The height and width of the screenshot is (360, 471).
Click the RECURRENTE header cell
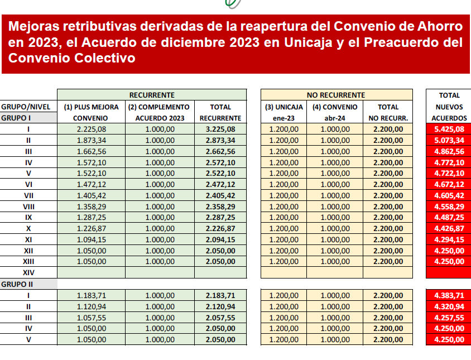pos(152,95)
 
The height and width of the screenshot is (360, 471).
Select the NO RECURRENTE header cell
pos(336,95)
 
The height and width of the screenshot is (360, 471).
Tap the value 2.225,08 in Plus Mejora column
pos(91,129)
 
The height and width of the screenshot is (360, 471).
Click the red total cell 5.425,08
pos(449,129)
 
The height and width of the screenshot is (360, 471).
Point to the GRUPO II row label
pos(16,284)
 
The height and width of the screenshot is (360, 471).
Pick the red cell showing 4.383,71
pos(449,295)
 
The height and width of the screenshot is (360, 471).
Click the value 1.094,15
pos(91,240)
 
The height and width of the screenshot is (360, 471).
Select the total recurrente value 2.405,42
pos(220,195)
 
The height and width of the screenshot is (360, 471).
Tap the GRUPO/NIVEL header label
pos(26,107)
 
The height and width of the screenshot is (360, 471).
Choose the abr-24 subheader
pos(336,118)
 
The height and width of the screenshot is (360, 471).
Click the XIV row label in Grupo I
pos(28,273)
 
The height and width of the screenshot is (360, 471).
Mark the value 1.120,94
pos(91,306)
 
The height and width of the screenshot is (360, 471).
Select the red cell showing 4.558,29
pos(449,207)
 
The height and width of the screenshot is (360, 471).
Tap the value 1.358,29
pos(91,207)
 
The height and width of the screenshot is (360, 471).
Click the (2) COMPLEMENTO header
pos(159,107)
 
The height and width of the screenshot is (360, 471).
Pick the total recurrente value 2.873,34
pos(220,140)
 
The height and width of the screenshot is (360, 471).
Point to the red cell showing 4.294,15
pos(449,240)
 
